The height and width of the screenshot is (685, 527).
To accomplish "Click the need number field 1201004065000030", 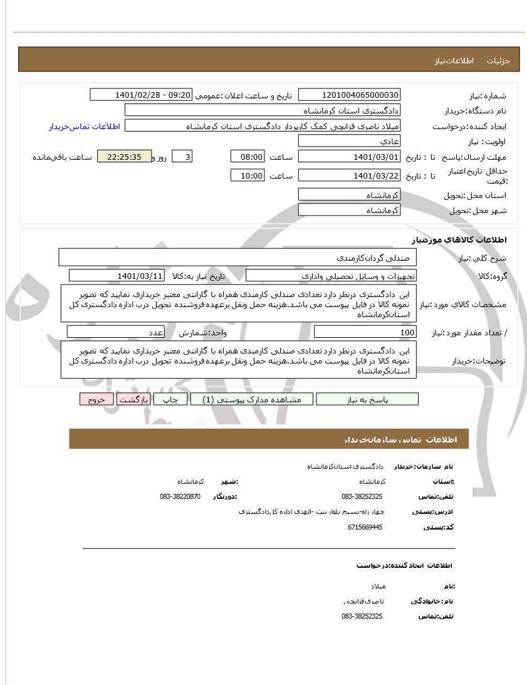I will click(348, 95).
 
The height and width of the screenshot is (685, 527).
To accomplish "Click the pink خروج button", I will click(96, 399).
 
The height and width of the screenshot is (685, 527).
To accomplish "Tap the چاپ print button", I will click(170, 399).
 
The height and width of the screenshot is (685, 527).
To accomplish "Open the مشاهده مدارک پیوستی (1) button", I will click(251, 399).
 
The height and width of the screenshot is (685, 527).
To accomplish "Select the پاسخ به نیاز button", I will click(367, 399).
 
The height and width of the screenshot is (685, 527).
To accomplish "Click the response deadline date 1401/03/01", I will click(348, 157).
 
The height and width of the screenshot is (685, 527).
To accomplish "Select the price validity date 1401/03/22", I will click(348, 175).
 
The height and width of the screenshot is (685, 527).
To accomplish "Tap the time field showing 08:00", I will click(248, 157).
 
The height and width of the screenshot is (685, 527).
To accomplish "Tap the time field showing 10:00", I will click(248, 175).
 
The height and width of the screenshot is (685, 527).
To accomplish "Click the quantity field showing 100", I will click(365, 332).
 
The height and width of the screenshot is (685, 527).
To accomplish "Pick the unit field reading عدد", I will click(116, 332).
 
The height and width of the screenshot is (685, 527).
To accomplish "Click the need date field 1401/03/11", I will click(117, 276).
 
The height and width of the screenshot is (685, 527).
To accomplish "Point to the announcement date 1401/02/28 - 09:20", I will click(141, 95).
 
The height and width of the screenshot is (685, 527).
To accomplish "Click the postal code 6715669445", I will click(365, 528).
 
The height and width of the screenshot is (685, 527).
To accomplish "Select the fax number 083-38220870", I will click(180, 496).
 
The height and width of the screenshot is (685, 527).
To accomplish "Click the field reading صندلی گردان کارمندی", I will click(238, 257).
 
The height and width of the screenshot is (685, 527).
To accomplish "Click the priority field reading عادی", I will click(348, 142).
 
